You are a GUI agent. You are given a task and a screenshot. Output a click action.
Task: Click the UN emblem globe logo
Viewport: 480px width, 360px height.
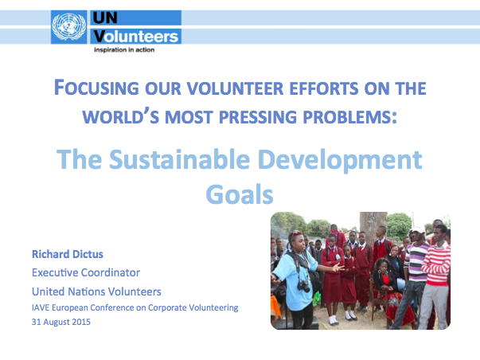[x=69, y=27]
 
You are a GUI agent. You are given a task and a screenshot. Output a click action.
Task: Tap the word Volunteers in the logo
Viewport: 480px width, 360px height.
[x=135, y=37]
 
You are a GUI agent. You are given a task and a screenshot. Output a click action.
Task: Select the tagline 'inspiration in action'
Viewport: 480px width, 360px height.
[x=124, y=49]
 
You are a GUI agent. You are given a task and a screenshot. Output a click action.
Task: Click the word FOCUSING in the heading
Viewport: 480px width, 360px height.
[x=96, y=88]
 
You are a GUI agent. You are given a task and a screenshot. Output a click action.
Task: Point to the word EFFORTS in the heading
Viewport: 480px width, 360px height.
[x=323, y=88]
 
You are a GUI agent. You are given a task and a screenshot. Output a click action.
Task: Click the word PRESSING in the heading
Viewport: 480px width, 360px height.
[x=258, y=117]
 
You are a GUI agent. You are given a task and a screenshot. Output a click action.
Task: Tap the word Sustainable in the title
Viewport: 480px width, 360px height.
[x=180, y=159]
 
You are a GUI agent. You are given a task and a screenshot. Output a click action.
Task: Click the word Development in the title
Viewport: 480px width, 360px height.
[x=340, y=160]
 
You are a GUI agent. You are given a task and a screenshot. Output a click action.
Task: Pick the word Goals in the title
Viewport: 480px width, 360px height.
[x=240, y=194]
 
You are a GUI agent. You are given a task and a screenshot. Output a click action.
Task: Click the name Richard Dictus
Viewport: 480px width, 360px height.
[x=68, y=254]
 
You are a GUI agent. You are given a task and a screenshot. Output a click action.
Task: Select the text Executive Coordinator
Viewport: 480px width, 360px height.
[x=86, y=272]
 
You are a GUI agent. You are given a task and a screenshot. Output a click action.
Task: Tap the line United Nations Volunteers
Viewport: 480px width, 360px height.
[x=96, y=292]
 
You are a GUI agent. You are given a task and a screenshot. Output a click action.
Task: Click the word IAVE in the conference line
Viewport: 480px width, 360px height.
[x=41, y=307]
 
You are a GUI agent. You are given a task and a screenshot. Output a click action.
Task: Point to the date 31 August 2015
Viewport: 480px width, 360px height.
[x=61, y=322]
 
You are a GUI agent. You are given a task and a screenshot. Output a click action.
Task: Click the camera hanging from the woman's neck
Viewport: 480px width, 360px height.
[x=303, y=287]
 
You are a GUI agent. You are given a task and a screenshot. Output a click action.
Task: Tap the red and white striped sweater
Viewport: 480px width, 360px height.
[x=438, y=264]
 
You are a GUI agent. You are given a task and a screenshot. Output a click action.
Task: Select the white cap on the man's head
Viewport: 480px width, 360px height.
[x=418, y=229]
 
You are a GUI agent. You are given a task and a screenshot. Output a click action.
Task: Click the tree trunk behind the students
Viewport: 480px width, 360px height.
[x=373, y=227]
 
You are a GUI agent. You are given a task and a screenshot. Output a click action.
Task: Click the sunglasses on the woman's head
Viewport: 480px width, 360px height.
[x=295, y=233]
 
